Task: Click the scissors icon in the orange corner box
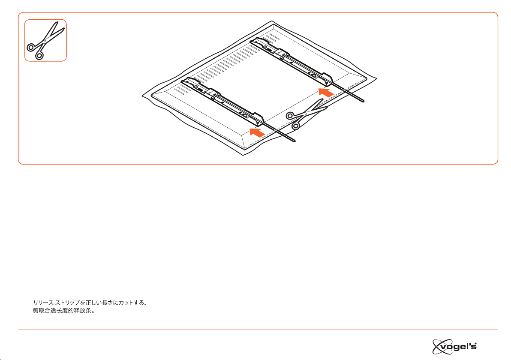coord(45,40)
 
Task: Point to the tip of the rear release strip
coord(363,101)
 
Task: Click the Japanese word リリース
coord(43,303)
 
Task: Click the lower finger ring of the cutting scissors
coord(295,126)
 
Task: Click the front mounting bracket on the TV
coord(223,100)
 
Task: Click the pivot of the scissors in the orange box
coord(45,41)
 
